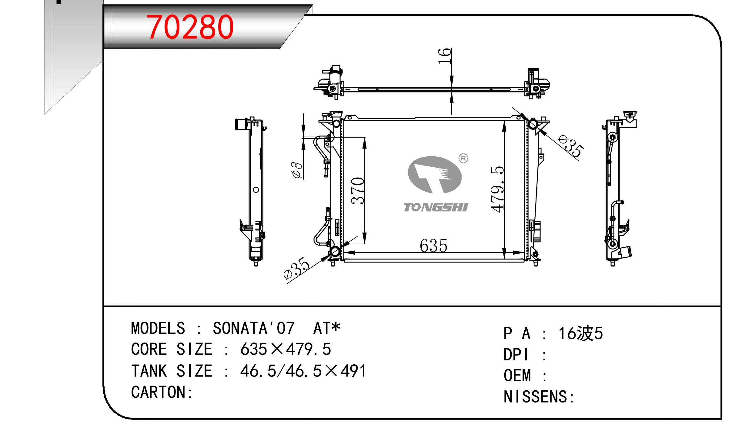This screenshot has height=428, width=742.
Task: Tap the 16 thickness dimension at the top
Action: pos(445,56)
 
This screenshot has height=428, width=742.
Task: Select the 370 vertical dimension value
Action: pos(358,191)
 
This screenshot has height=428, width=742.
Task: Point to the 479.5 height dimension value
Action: pos(497,189)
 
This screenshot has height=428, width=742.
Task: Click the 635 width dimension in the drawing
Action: pos(433,246)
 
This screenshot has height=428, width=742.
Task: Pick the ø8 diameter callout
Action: pos(297,170)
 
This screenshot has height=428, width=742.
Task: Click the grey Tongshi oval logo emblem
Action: pos(435,175)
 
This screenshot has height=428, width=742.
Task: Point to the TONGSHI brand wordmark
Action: pos(436,207)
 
